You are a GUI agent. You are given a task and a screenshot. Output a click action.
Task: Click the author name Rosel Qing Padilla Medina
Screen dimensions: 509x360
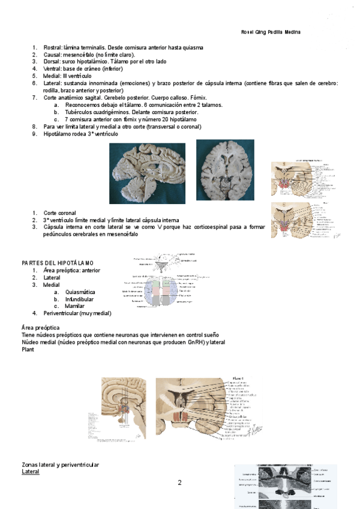click(270, 32)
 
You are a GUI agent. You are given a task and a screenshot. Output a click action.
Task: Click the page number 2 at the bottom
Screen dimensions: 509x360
click(179, 483)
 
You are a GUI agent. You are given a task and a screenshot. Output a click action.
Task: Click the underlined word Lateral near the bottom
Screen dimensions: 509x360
click(31, 472)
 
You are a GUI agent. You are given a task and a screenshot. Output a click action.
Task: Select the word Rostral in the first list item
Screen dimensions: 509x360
click(53, 47)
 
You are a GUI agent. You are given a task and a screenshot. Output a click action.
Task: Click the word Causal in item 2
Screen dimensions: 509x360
click(52, 54)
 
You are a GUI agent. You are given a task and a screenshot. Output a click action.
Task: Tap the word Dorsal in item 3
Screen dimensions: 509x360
click(52, 61)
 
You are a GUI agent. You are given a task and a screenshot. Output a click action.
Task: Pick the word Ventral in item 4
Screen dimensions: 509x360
click(53, 68)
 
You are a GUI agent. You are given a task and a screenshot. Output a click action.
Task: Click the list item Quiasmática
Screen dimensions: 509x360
click(80, 292)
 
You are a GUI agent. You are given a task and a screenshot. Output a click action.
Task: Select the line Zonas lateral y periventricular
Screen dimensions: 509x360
click(61, 465)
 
